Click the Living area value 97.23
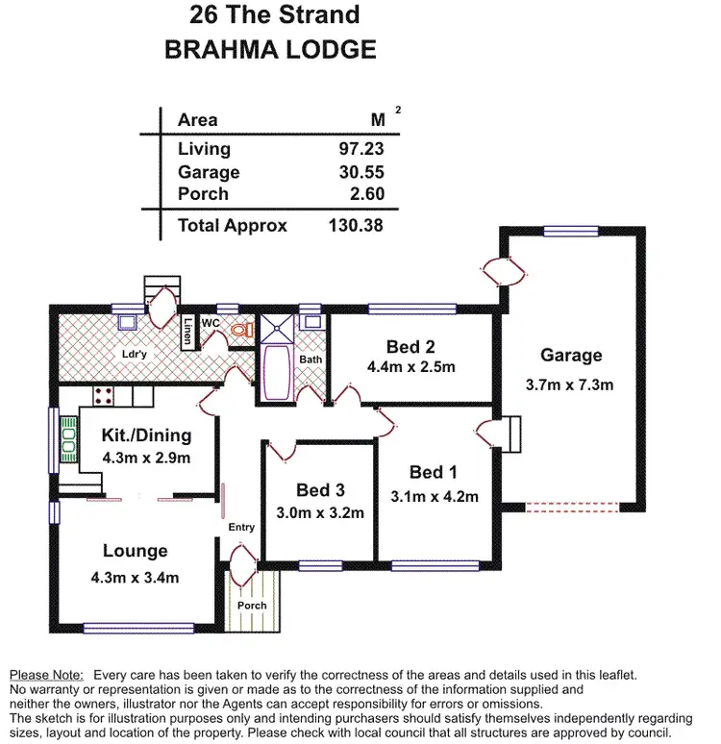363,149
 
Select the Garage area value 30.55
363,172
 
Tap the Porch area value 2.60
367,194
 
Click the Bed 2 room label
411,347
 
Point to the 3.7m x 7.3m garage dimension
571,384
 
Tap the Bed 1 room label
433,472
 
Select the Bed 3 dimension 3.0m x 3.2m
319,512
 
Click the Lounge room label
135,552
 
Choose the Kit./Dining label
146,435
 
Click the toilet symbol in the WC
240,330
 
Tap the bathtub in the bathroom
276,372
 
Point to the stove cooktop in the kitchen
104,395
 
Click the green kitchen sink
68,438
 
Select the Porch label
252,606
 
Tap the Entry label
241,528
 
